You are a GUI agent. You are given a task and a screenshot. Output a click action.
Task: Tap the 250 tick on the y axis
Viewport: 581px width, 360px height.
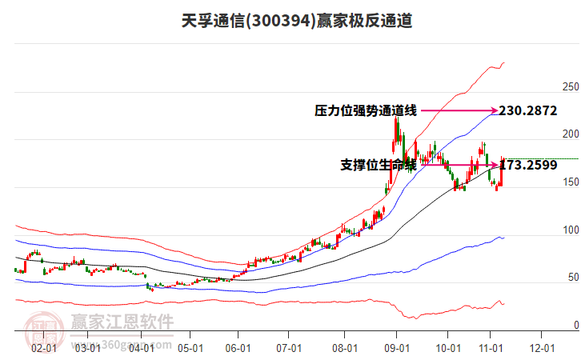570,86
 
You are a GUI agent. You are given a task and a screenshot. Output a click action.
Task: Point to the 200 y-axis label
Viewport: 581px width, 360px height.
570,134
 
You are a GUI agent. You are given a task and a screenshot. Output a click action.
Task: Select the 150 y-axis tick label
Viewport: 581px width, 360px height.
570,182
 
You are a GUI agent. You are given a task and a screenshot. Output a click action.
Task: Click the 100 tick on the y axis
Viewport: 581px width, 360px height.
570,230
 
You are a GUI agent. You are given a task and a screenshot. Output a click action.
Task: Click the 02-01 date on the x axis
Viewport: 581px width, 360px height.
43,348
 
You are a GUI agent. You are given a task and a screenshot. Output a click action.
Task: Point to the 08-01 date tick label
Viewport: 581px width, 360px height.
346,348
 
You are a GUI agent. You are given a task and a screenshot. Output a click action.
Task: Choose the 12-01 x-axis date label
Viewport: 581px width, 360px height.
542,348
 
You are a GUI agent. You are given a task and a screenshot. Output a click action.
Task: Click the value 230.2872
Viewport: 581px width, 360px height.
527,111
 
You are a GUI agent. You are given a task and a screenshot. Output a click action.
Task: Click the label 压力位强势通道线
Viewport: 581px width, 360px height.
366,111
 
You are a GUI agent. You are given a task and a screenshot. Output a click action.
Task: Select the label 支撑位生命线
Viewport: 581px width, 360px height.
379,166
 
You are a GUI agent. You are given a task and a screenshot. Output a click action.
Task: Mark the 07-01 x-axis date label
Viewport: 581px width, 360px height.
288,348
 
